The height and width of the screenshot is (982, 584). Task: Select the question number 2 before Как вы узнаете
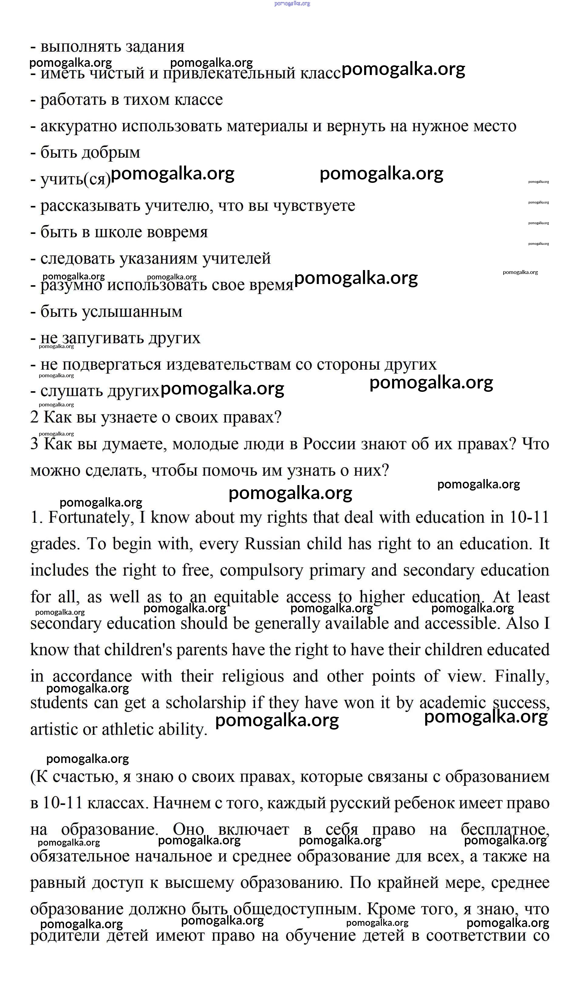pyautogui.click(x=35, y=418)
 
